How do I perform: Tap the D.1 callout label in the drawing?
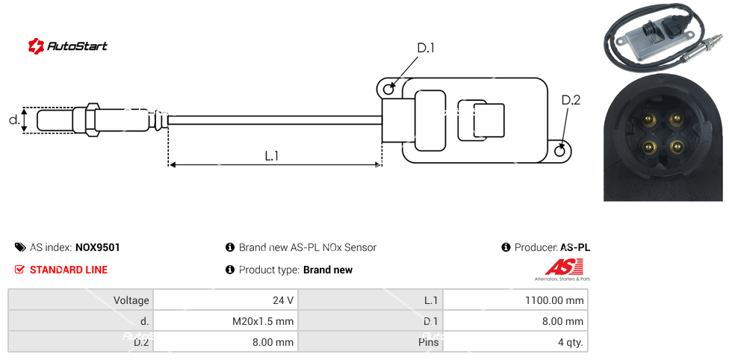[x=425, y=49]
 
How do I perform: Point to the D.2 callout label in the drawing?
[x=570, y=100]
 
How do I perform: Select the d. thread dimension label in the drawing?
[x=13, y=120]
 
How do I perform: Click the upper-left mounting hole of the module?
[x=388, y=90]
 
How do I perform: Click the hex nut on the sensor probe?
[x=93, y=120]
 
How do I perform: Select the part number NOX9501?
[x=97, y=247]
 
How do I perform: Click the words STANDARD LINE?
[x=69, y=270]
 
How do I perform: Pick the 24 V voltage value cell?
[x=225, y=300]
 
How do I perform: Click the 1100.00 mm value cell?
[x=515, y=300]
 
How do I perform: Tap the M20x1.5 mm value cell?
[x=225, y=322]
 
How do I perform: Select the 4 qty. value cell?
[x=515, y=344]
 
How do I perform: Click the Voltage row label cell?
[x=81, y=300]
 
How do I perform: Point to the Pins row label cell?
[x=370, y=344]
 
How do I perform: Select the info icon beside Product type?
[x=230, y=270]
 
